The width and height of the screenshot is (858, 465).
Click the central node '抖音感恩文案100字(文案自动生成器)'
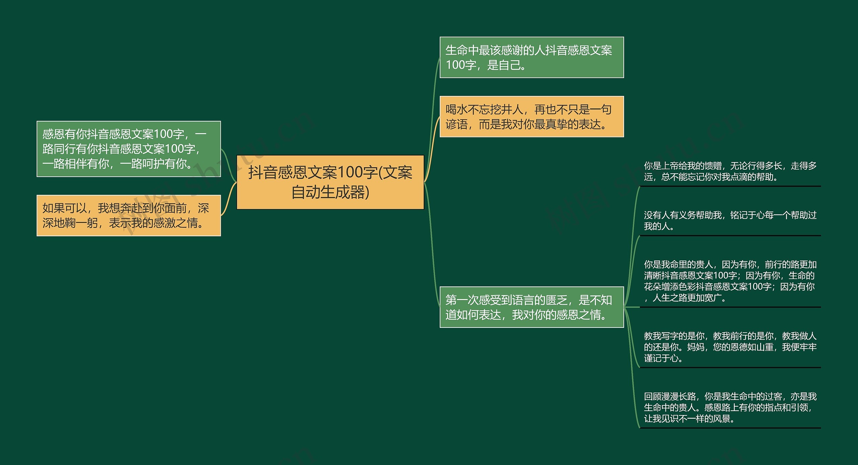click(330, 182)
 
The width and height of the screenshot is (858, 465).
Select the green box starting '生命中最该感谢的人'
click(532, 57)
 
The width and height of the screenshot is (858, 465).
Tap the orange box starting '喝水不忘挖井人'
click(532, 117)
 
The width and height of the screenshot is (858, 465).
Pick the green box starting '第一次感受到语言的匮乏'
click(532, 307)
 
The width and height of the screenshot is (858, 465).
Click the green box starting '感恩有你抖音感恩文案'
click(129, 149)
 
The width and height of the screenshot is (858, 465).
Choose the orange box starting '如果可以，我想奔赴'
click(129, 216)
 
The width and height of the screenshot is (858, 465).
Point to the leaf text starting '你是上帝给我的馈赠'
click(730, 171)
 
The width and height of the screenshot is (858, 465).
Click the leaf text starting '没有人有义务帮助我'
click(730, 221)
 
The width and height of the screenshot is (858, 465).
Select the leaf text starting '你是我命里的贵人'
click(730, 281)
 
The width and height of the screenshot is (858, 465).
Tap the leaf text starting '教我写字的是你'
click(730, 347)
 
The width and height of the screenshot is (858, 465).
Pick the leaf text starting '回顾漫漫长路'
click(730, 408)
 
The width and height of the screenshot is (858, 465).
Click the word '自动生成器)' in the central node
click(330, 192)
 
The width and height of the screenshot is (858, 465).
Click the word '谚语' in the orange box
click(456, 125)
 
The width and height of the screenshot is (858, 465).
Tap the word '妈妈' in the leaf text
click(695, 347)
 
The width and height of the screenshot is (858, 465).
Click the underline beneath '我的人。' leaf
click(730, 236)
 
